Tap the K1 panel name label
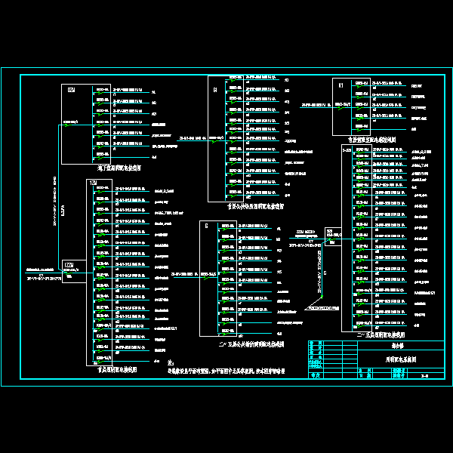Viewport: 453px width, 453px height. [341, 85]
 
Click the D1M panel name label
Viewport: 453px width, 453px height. [71, 90]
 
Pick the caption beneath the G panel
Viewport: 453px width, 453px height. [250, 344]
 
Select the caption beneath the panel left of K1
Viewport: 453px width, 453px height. [256, 205]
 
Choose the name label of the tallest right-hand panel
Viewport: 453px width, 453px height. [347, 150]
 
